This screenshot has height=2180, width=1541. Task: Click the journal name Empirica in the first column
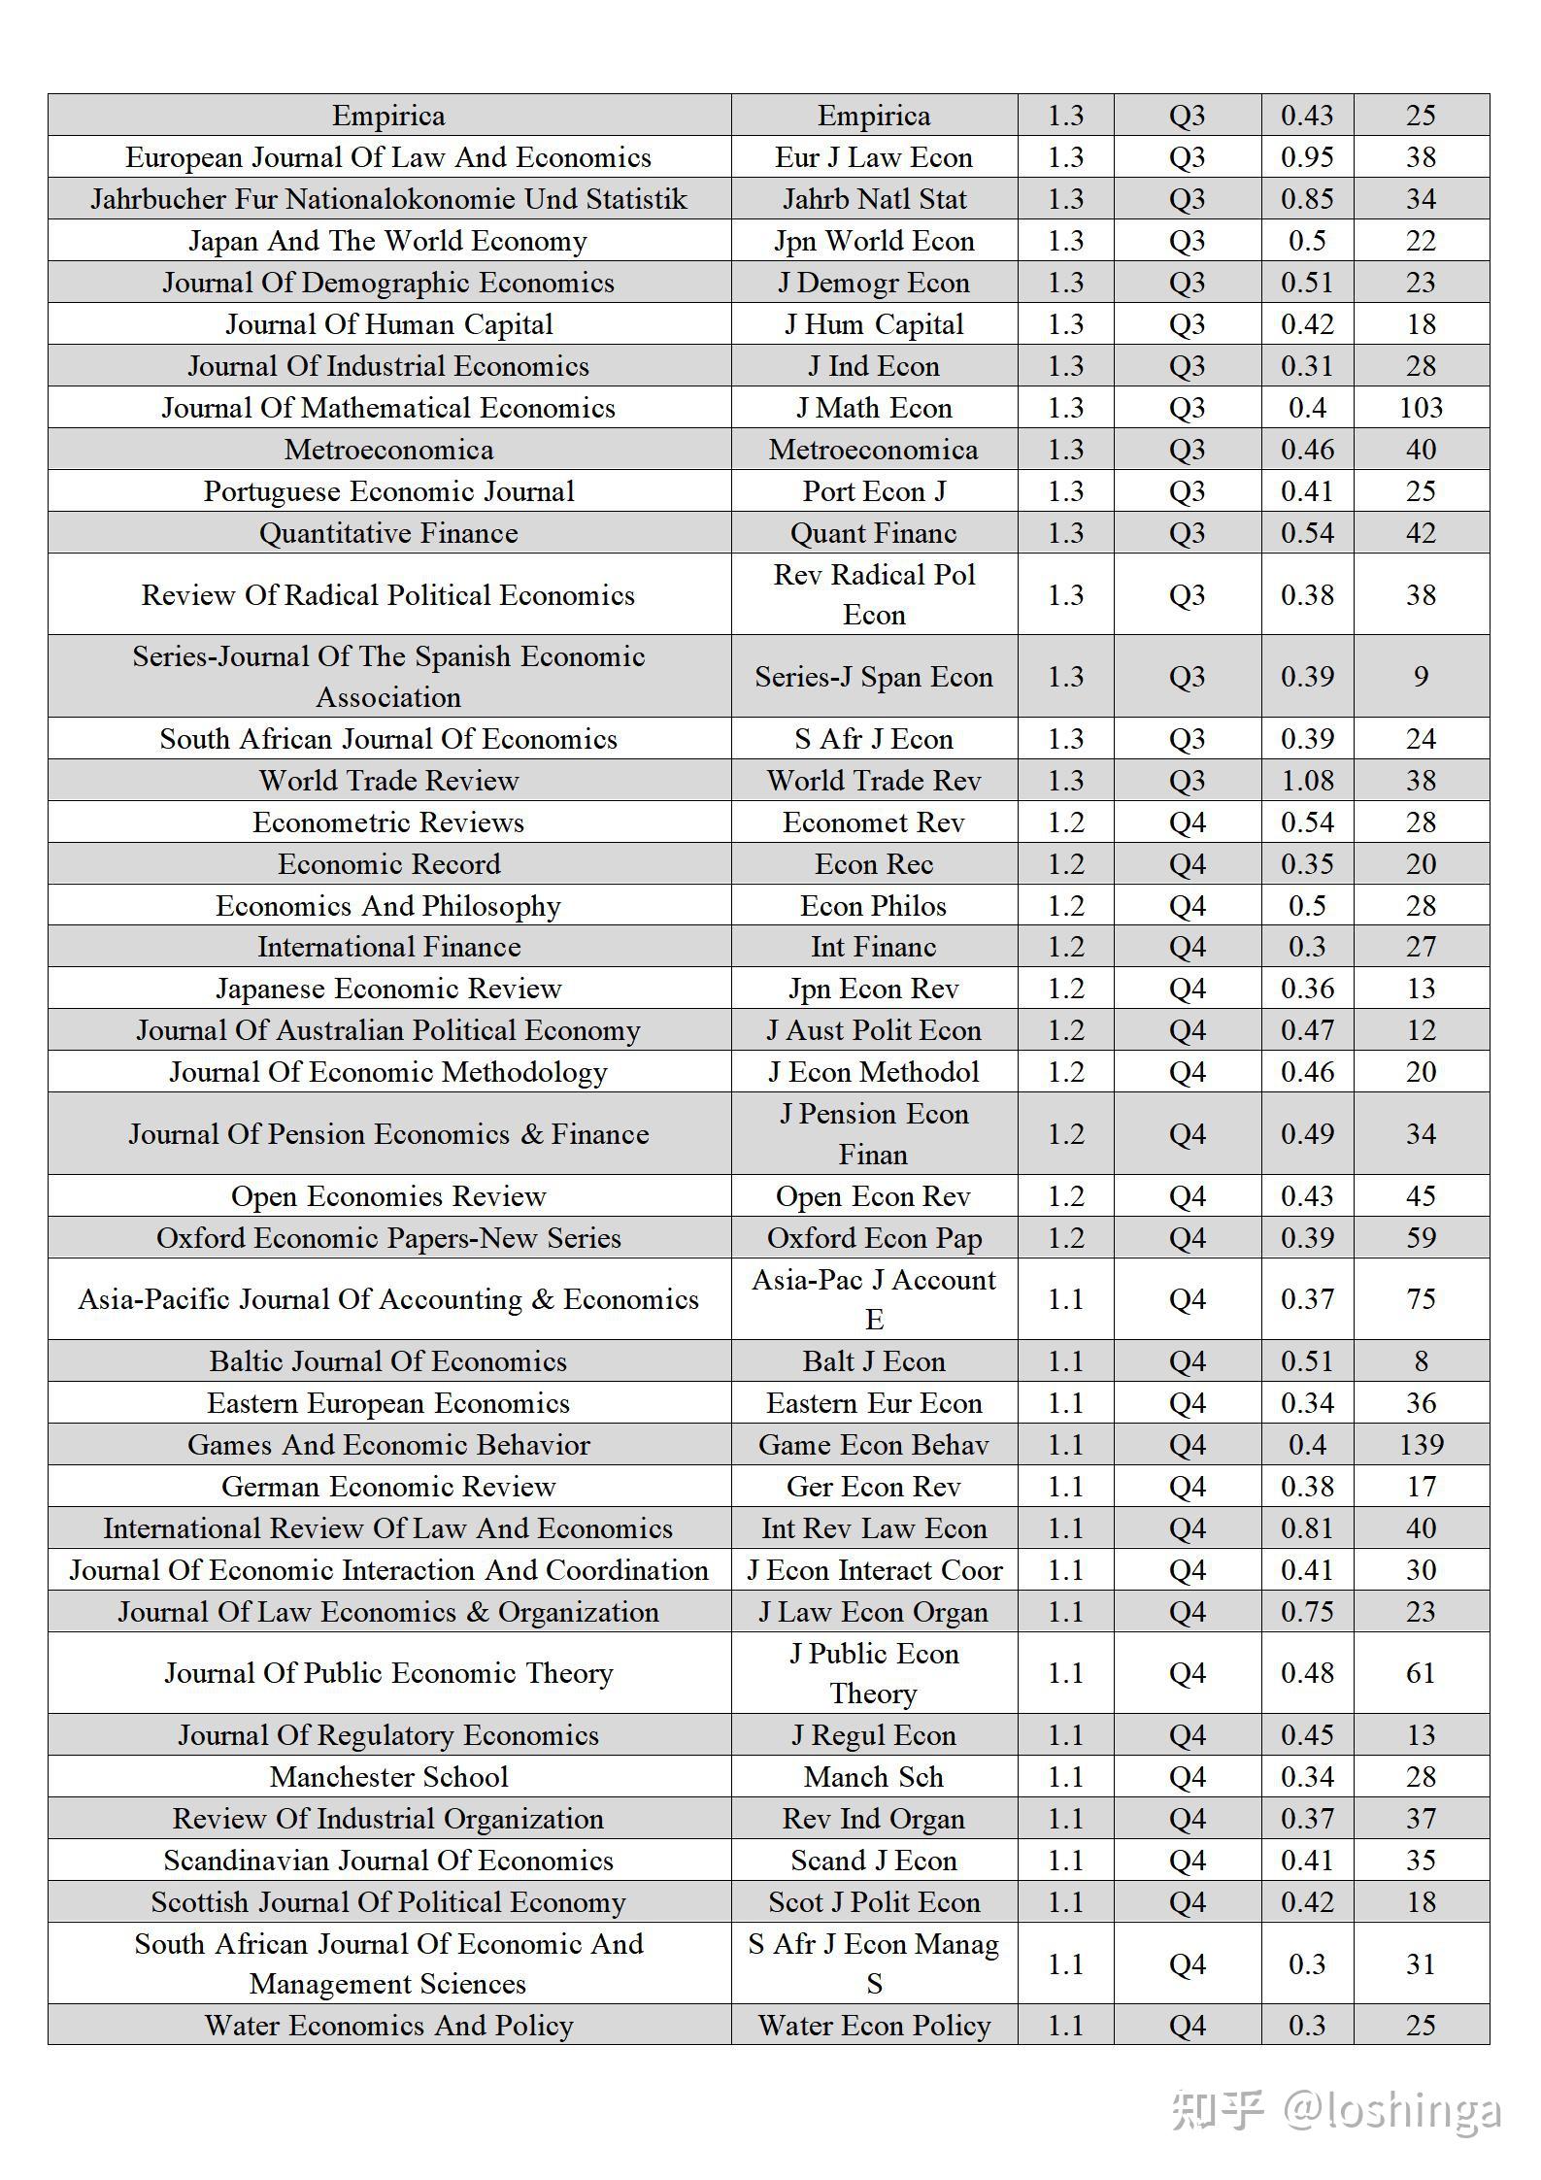tap(388, 116)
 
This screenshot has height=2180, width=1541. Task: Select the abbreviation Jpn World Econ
tap(874, 241)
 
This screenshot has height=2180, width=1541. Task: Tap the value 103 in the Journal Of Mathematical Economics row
tap(1421, 408)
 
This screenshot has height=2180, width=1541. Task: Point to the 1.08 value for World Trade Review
tap(1307, 781)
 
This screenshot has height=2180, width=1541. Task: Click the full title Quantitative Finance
tap(388, 533)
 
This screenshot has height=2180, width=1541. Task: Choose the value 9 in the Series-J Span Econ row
tap(1421, 677)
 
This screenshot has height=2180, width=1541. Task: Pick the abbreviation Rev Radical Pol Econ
tap(874, 594)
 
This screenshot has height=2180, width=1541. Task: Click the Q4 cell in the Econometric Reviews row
tap(1187, 822)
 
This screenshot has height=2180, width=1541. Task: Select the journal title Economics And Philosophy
tap(388, 906)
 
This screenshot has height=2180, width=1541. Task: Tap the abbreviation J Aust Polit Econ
tap(874, 1030)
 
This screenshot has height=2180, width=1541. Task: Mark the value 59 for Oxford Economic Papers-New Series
tap(1421, 1238)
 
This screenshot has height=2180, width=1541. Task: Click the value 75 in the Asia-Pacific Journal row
tap(1421, 1299)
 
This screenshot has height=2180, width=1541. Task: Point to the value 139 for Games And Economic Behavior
tap(1421, 1445)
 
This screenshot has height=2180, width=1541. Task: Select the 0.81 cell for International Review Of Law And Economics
tap(1307, 1528)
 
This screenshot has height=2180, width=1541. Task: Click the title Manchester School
tap(388, 1777)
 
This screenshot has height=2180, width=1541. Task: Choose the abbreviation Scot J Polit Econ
tap(874, 1902)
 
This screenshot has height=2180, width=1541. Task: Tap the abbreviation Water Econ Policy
tap(874, 2026)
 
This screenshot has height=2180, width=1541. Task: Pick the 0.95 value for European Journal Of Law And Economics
tap(1307, 157)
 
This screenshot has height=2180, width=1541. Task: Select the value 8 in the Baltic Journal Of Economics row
tap(1421, 1361)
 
